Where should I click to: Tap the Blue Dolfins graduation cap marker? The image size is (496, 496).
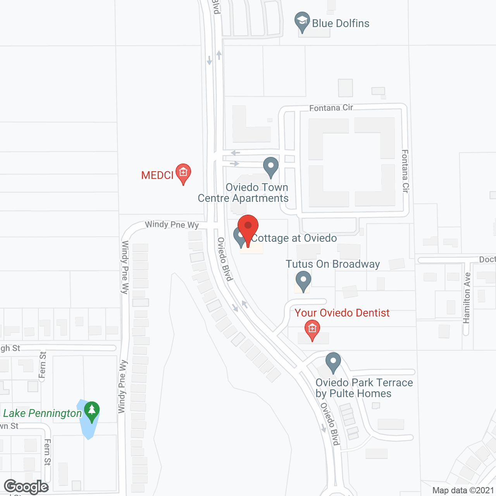302,21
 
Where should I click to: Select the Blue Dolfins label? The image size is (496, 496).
341,24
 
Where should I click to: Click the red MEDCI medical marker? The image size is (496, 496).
183,173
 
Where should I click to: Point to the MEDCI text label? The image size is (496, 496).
157,176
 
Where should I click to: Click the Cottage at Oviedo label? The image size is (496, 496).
294,238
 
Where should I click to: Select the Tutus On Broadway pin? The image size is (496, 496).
303,280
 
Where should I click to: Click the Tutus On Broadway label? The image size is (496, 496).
333,264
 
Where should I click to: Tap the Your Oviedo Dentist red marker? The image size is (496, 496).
312,329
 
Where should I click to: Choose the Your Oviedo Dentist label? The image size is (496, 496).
342,313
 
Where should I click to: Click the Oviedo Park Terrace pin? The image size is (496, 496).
333,362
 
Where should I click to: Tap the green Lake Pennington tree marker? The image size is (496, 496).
92,411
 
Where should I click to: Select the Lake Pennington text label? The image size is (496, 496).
43,413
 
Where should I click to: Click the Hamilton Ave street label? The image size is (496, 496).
467,298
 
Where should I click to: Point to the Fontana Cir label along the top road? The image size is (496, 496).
331,108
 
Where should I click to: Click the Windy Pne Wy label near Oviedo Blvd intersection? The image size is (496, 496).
172,225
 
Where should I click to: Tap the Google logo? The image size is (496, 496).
26,487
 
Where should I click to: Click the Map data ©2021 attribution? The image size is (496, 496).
463,491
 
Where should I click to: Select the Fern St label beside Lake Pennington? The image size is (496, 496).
47,452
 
